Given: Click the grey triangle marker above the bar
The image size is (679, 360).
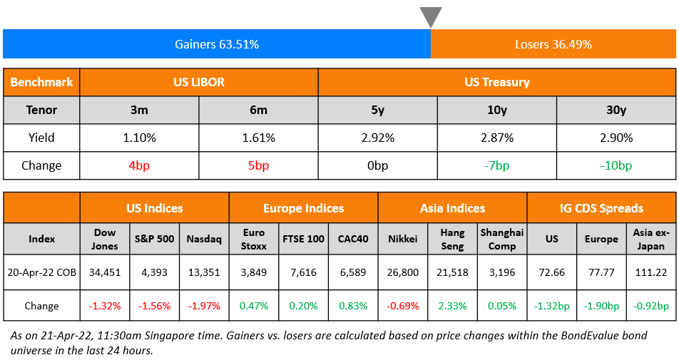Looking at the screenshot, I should (431, 16).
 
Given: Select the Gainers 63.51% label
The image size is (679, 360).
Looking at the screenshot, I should (216, 44).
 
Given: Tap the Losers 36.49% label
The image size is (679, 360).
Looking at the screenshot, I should (553, 44).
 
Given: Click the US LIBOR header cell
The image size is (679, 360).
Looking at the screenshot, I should (199, 82).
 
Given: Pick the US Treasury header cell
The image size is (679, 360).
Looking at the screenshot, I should (497, 82).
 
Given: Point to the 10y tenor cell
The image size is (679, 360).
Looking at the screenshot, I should (497, 110).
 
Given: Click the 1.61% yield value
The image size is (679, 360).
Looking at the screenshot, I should (258, 138).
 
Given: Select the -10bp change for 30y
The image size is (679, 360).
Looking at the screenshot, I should (616, 165).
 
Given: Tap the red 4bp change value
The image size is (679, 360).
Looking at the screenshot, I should (139, 165).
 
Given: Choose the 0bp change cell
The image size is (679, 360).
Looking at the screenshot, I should (377, 165).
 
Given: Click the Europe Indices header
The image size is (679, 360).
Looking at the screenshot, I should (303, 208).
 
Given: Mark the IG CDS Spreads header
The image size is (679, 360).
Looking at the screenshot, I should (601, 208).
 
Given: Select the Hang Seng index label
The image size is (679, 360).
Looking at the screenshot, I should (452, 239).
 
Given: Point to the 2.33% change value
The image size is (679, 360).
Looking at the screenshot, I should (452, 306).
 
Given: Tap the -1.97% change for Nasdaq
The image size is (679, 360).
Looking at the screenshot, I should (204, 306).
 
